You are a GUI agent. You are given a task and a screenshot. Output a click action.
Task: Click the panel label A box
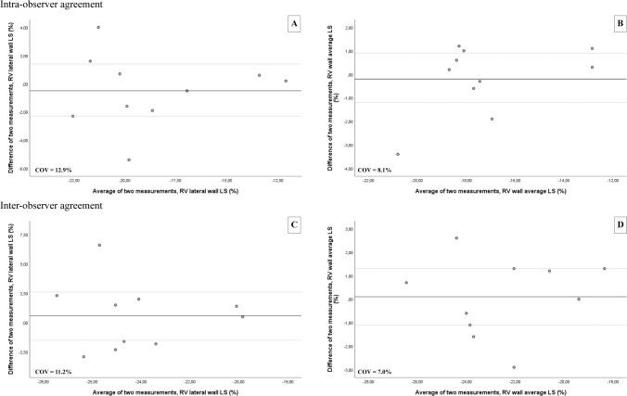(x=294, y=20)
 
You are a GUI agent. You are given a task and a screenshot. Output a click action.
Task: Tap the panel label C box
(x=294, y=226)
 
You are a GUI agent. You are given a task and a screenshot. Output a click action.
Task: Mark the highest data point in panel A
(x=98, y=28)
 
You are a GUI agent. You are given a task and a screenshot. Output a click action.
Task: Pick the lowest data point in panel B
(x=398, y=154)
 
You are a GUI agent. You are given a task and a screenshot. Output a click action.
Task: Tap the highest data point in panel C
(x=99, y=245)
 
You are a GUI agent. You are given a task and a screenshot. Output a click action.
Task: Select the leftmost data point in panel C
(x=57, y=296)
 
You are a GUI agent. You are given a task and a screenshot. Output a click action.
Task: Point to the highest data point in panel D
(x=456, y=238)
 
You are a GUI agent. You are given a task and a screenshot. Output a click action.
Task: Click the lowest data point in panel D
(x=514, y=367)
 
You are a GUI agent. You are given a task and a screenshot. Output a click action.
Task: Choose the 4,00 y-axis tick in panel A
(x=22, y=28)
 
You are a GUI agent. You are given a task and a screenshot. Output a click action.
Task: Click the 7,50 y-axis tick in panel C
(x=24, y=235)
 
